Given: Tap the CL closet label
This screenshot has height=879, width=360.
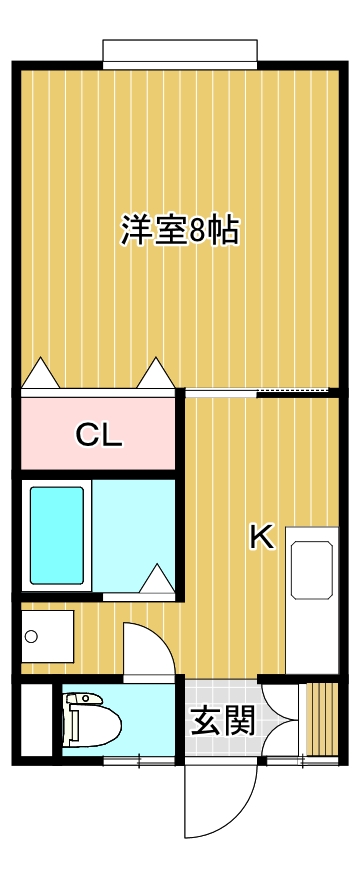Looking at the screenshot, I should (99, 435).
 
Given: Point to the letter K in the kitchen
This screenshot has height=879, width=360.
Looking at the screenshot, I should (261, 538).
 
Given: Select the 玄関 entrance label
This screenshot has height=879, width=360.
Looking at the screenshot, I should (220, 720).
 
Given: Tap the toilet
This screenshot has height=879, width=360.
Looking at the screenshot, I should (91, 719).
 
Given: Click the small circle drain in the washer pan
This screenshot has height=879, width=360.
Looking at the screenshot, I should (31, 636).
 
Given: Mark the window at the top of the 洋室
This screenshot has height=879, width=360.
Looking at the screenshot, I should (180, 53).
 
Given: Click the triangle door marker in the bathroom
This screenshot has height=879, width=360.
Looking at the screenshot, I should (158, 579).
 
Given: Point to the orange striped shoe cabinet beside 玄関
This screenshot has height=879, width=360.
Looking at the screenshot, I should (321, 718).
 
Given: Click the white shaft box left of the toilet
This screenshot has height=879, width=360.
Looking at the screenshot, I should (35, 719).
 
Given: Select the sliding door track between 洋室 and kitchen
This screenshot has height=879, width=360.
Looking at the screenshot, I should (256, 389).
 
